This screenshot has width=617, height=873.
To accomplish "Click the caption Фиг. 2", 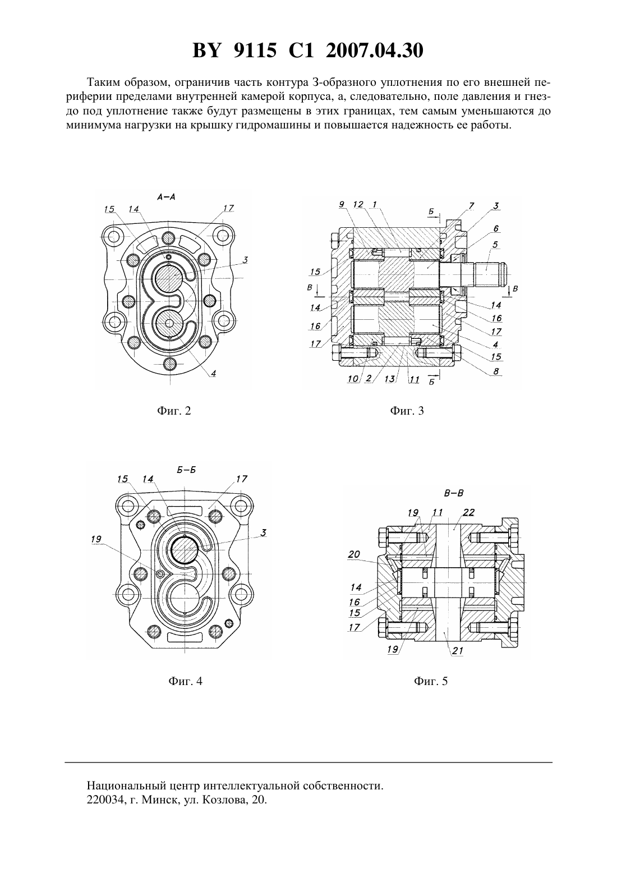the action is click(174, 411).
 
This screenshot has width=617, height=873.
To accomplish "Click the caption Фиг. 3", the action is click(407, 411).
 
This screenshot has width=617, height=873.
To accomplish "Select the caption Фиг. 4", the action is click(185, 681).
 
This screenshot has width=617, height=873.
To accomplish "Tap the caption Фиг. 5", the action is click(430, 681).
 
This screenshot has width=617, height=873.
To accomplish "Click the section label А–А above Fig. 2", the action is click(167, 197).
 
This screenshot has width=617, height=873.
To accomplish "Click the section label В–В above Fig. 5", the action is click(454, 493).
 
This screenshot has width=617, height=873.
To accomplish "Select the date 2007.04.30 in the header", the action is click(374, 50).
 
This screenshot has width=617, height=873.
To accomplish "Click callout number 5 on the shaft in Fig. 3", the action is click(495, 245).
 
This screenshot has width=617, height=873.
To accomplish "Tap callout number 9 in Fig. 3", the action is click(342, 204).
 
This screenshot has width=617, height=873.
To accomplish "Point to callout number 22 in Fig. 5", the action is click(468, 512).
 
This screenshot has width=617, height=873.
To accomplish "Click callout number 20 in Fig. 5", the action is click(354, 554).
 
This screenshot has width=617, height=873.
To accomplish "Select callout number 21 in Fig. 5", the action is click(458, 650).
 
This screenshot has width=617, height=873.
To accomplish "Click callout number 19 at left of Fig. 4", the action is click(96, 539).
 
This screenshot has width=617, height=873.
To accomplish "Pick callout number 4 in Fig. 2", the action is click(214, 373).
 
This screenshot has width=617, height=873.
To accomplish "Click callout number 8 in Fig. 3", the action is click(496, 371).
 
